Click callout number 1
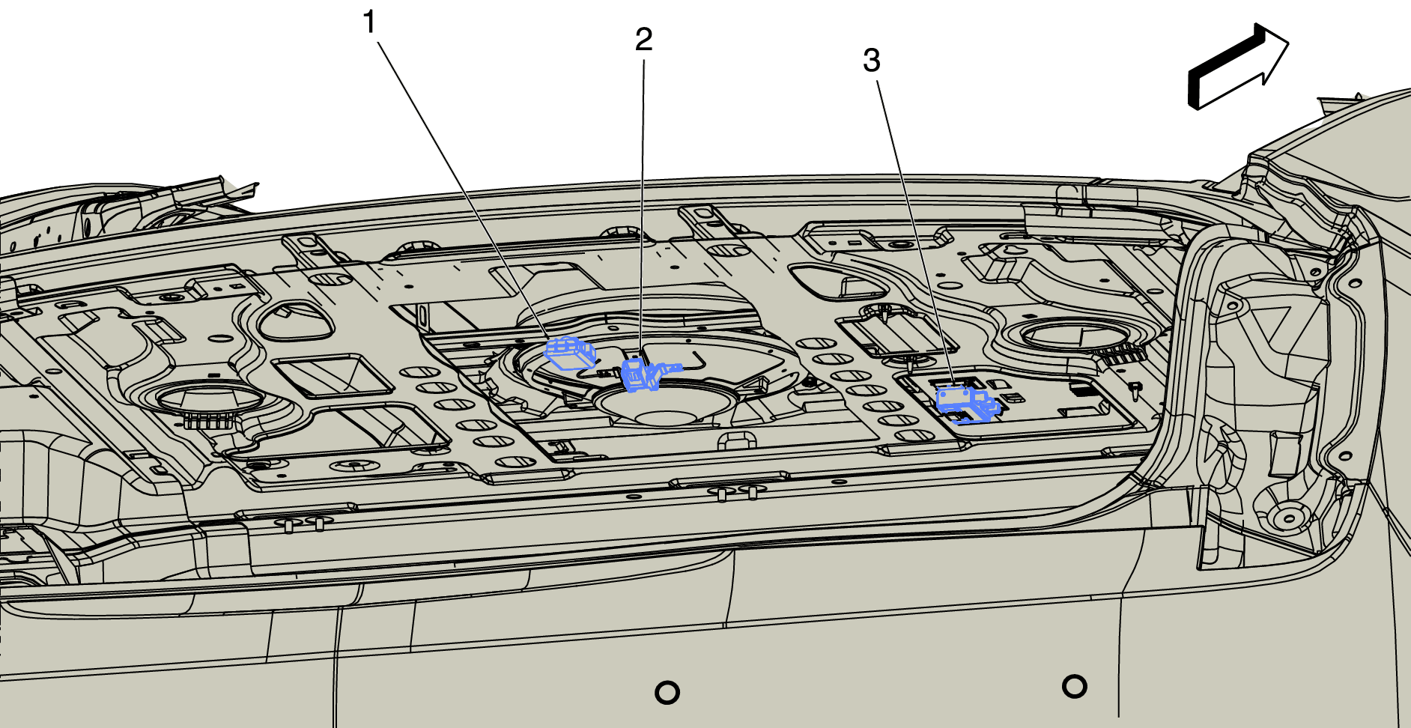[368, 22]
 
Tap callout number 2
[643, 39]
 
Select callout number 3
[871, 61]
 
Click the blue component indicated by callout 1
[571, 353]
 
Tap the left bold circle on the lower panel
[667, 692]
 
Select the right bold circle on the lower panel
[1074, 685]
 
